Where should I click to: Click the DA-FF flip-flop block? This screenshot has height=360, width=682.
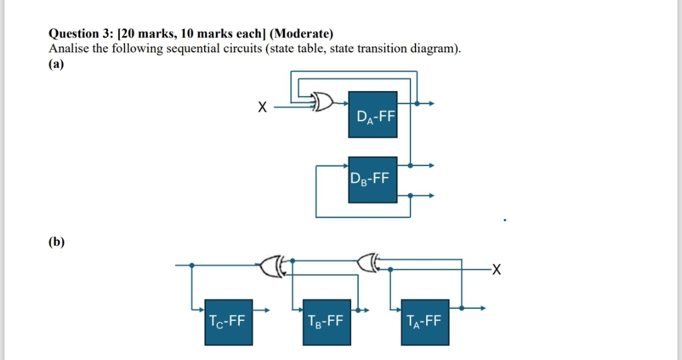point(373,115)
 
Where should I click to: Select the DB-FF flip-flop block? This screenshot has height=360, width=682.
point(373,180)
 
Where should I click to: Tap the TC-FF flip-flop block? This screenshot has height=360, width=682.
point(229,322)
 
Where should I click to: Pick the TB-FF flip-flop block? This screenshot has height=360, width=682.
point(326,322)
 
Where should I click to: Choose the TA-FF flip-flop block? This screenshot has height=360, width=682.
point(425,322)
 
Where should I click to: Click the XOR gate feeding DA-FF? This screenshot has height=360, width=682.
point(323,102)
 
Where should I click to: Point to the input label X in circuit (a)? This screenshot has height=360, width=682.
point(262,107)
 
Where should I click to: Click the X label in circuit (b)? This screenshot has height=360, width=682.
point(496,270)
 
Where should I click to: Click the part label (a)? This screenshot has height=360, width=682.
point(56,64)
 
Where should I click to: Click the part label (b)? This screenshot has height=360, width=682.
point(57,241)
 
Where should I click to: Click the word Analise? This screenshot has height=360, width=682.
point(69,48)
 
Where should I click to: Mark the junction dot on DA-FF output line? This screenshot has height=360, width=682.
point(417,104)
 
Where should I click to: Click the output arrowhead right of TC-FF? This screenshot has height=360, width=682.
point(266,310)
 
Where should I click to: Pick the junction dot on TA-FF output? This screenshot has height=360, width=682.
point(462,308)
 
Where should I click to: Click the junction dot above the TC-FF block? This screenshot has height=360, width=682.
point(192,265)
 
